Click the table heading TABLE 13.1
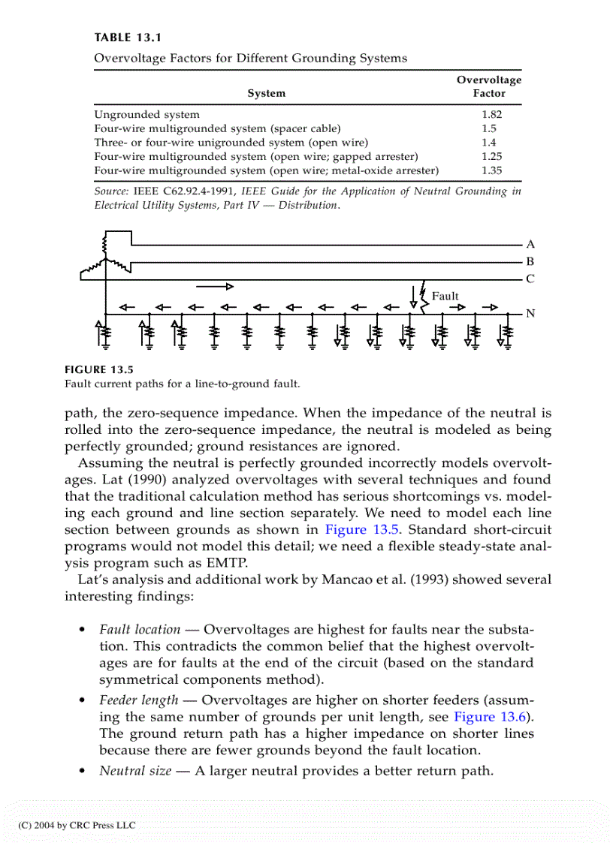128,38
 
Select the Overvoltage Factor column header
489,86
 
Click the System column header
266,94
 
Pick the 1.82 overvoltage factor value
491,115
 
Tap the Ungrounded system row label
146,115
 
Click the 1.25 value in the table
491,157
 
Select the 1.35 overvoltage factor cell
491,170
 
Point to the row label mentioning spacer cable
217,128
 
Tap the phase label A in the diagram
530,244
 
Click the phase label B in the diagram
530,262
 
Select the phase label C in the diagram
530,279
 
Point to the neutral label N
530,313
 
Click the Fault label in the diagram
445,296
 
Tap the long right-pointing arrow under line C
215,286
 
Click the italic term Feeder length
139,700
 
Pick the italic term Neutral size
135,770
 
